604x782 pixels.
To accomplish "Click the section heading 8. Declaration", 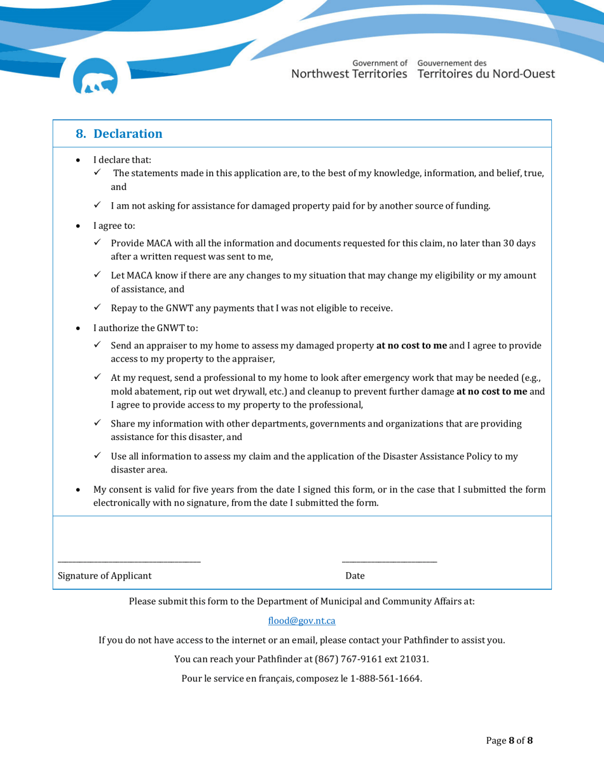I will coord(119,134).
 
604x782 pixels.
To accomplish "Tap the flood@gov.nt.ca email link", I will coord(301,621).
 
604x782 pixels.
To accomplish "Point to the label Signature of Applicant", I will coord(105,576).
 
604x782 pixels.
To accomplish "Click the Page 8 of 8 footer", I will coord(509,741).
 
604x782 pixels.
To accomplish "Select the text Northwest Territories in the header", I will coord(349,74).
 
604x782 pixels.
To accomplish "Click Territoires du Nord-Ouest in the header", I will coord(486,74).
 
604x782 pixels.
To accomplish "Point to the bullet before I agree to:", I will coord(78,226).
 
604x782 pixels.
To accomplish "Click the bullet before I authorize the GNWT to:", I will coord(78,329).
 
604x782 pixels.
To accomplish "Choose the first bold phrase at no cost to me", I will coord(411,346).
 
